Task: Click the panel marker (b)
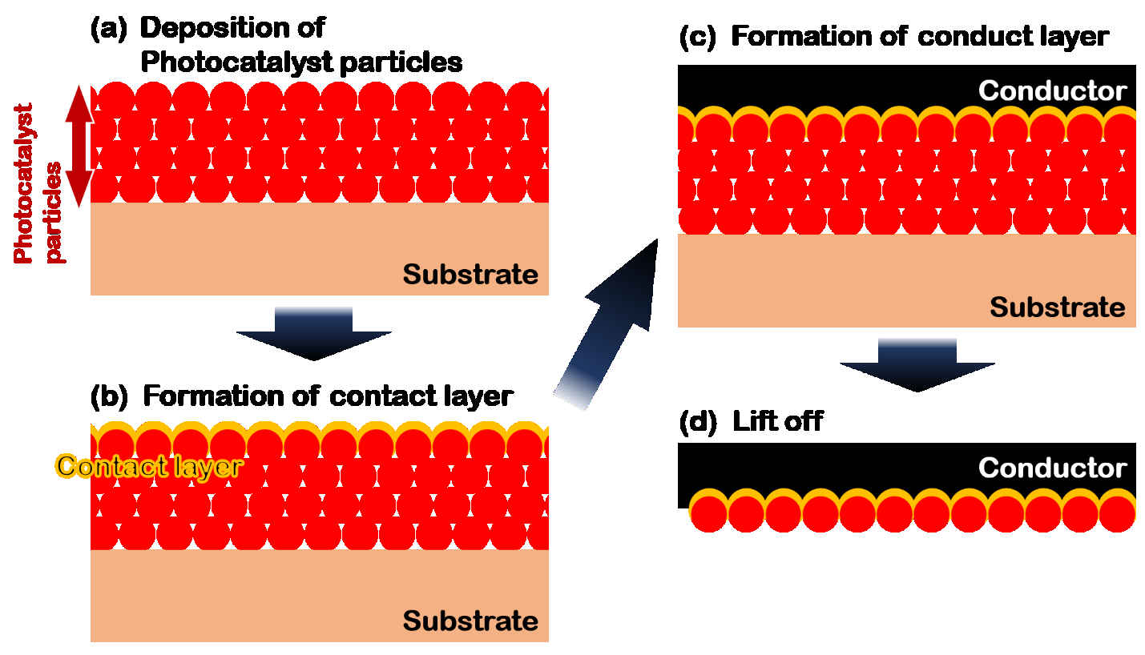108,396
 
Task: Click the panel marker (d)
695,422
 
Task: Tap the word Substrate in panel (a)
470,275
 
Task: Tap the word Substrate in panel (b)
470,621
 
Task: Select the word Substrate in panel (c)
1058,307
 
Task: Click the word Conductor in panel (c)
1052,91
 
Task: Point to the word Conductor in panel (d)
1052,468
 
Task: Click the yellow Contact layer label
149,466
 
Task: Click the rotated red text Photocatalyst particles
38,183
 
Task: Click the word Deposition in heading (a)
232,28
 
